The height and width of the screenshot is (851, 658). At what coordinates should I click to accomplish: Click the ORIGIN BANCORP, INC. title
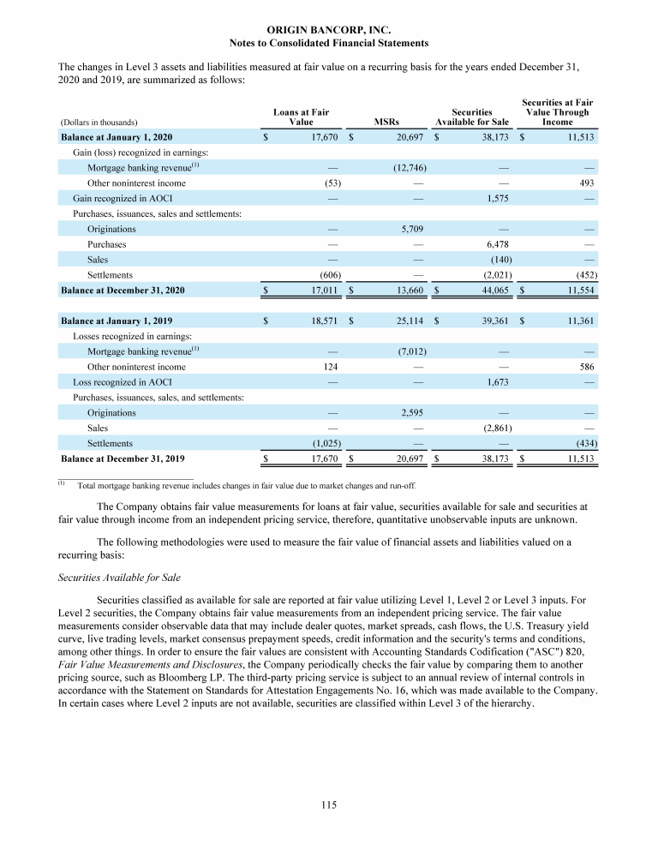pyautogui.click(x=329, y=30)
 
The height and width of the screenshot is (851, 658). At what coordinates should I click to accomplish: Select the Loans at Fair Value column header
pyautogui.click(x=301, y=117)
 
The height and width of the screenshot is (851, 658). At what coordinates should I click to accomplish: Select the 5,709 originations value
pyautogui.click(x=413, y=229)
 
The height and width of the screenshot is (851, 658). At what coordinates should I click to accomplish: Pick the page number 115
pyautogui.click(x=329, y=805)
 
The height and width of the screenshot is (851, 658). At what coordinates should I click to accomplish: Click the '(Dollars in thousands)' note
pyautogui.click(x=99, y=122)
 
